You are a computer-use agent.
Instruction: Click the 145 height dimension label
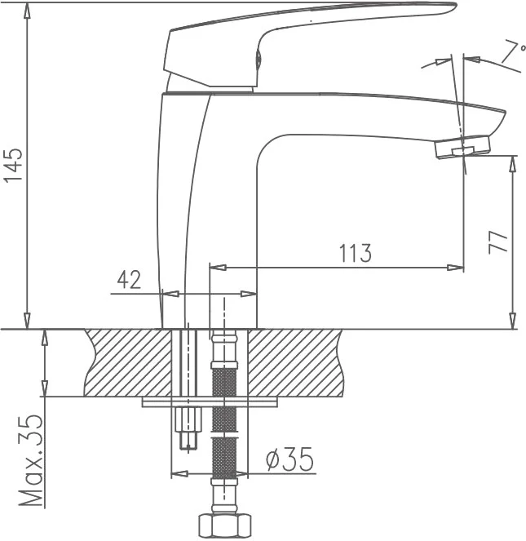point(13,165)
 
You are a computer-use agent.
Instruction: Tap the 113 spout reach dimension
point(356,253)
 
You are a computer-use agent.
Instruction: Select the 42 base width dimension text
point(130,280)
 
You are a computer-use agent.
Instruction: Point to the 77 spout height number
point(498,242)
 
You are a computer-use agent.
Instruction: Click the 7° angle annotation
point(513,51)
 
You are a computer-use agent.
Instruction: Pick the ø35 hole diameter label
point(290,459)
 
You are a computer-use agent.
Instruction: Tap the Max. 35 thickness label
point(31,460)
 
